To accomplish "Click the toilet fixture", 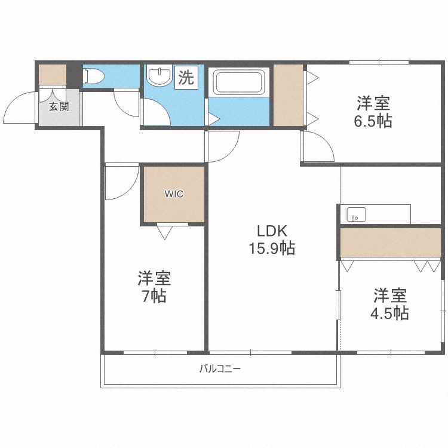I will (94, 76).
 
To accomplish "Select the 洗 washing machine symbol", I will (186, 78).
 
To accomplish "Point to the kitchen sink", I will (355, 214).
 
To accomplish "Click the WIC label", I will (174, 194).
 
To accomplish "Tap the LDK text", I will (272, 231).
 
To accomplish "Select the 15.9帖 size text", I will (272, 248).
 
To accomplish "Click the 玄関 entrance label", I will (59, 108).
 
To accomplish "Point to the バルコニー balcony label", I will (220, 369).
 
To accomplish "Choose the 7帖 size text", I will (154, 296).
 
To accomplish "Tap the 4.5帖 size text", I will (391, 313).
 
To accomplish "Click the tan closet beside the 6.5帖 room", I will (287, 95).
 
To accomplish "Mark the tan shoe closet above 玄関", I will (53, 75).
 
